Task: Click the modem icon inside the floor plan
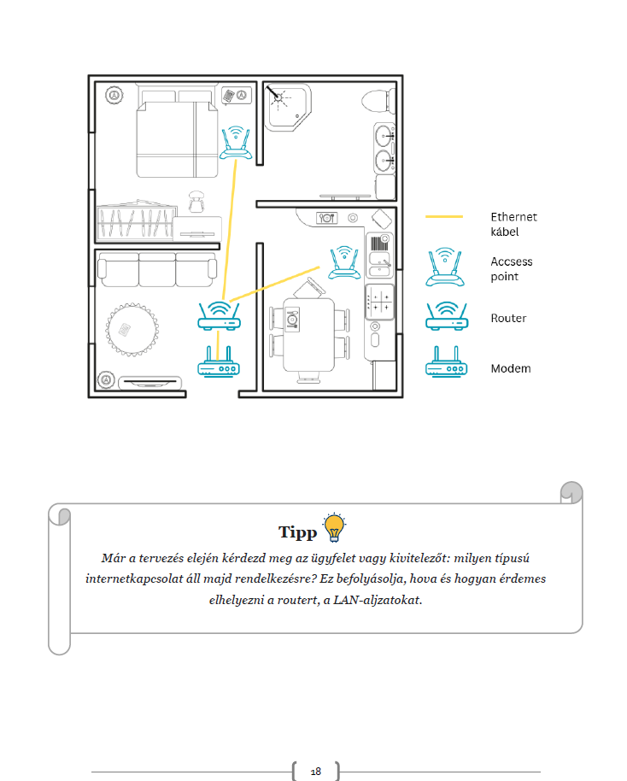tap(218, 361)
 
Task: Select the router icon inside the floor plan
tap(220, 316)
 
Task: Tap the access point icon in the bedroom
tap(236, 143)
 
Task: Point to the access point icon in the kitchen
tap(343, 262)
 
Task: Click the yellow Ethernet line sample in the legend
tap(443, 217)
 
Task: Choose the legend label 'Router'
tap(508, 318)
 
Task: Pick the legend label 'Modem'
tap(511, 368)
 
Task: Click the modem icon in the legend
tap(447, 362)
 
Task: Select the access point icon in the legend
tap(445, 267)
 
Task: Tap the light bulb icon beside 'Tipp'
tap(334, 527)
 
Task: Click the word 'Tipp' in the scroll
tap(297, 532)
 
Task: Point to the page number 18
tap(316, 772)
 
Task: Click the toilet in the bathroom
tap(378, 101)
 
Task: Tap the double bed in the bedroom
tap(177, 133)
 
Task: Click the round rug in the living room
tap(132, 329)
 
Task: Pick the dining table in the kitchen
tap(308, 335)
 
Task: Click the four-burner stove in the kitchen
tap(380, 302)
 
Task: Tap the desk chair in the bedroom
tap(196, 201)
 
